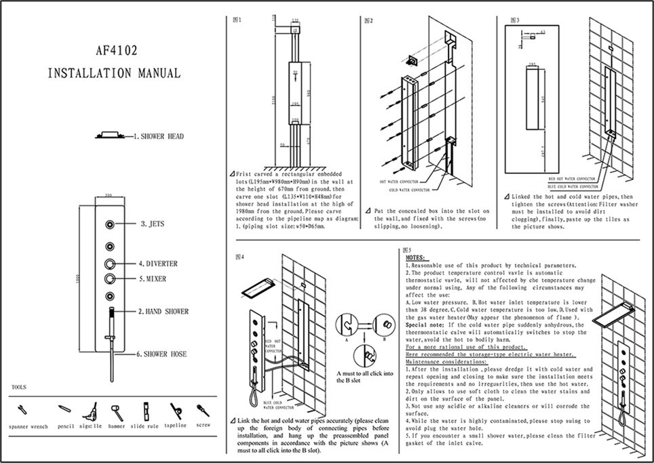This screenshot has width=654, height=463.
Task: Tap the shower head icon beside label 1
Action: tap(109, 136)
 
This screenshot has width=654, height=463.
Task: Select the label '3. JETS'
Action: tap(153, 223)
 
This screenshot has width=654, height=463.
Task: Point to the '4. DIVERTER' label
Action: tap(158, 263)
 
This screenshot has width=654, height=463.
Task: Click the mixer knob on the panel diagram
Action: tap(110, 278)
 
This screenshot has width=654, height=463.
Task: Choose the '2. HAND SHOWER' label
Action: tap(163, 312)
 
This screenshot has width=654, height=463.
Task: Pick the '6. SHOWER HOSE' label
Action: tap(161, 354)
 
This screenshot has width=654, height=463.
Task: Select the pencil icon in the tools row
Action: tap(64, 409)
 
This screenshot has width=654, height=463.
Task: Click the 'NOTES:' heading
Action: tap(415, 258)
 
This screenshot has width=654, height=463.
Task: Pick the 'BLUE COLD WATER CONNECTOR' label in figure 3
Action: tap(573, 185)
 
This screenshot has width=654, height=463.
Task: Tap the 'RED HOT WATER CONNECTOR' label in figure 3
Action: tap(571, 179)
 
